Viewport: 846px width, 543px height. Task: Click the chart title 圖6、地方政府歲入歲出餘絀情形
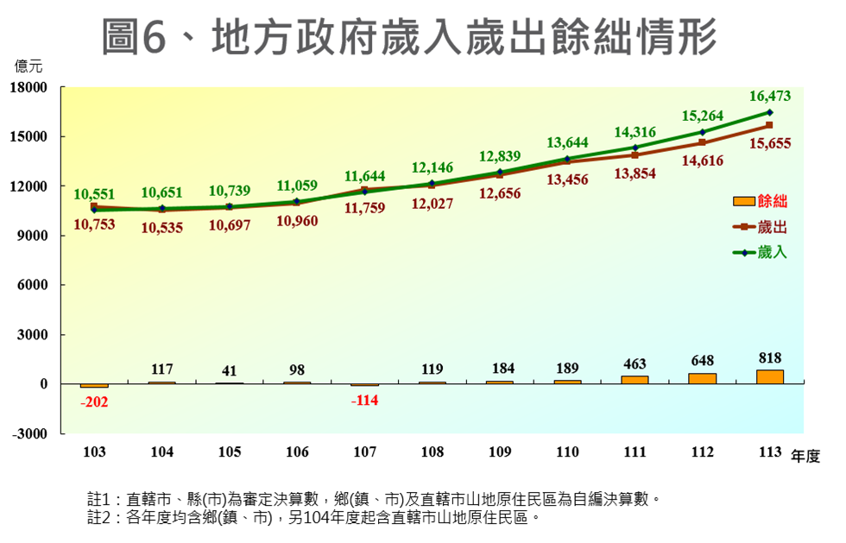coord(409,36)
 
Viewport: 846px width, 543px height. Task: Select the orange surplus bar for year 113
coord(769,376)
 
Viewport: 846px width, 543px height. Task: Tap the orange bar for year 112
coord(702,378)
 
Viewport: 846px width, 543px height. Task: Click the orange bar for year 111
coord(634,380)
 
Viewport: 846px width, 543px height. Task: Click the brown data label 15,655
coord(772,144)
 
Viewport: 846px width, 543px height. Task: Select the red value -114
coord(364,401)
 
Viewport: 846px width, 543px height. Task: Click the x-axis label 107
coord(364,452)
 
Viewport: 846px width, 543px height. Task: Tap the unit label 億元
coord(28,65)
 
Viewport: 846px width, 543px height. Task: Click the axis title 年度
coord(805,456)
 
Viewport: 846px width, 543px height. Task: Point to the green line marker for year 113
coord(769,112)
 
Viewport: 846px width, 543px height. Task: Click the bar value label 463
coord(634,364)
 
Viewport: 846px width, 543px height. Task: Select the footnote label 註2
coord(101,517)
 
